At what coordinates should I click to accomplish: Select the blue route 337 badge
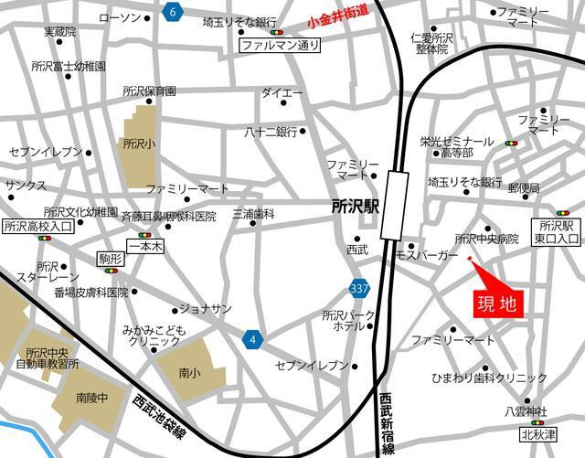[360, 289]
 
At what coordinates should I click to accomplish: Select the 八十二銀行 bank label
[271, 132]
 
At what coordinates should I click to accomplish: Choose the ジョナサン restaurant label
[205, 308]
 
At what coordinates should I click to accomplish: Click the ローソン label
[119, 18]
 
